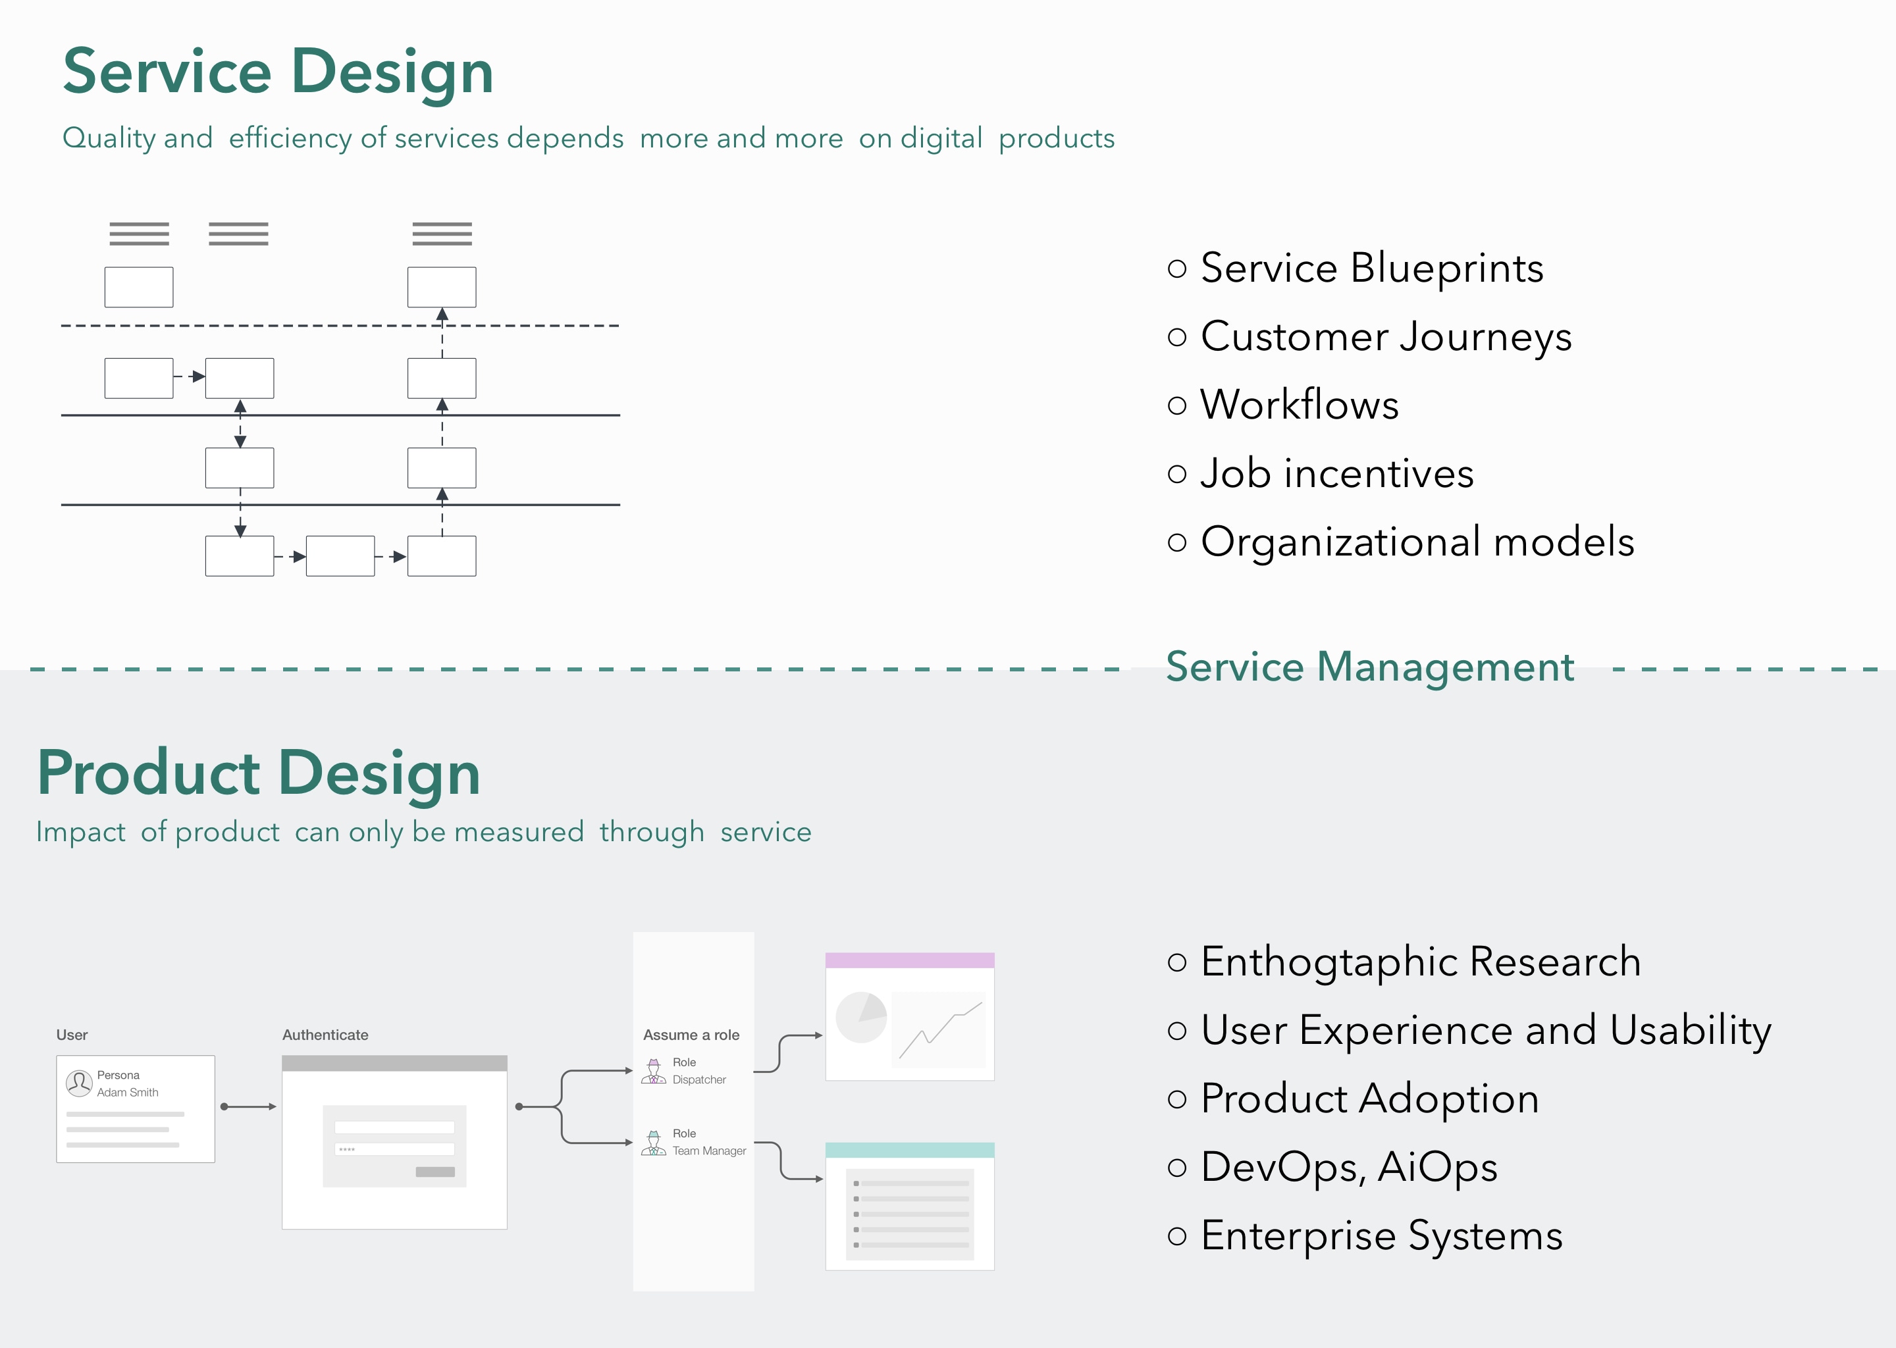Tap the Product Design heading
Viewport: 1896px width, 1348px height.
click(x=258, y=773)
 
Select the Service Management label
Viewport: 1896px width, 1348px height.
click(x=1370, y=667)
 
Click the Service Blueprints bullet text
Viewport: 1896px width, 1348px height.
click(x=1371, y=268)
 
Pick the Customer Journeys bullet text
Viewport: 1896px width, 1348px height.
click(x=1386, y=336)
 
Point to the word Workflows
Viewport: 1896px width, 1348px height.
click(x=1299, y=405)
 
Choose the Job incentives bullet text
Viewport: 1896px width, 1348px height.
click(x=1336, y=473)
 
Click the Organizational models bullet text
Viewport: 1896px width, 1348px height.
click(x=1417, y=541)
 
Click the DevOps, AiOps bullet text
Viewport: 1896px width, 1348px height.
click(x=1349, y=1166)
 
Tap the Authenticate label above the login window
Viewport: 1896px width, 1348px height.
click(x=325, y=1035)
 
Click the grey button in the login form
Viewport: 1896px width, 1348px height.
click(x=435, y=1172)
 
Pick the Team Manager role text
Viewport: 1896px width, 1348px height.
click(x=708, y=1151)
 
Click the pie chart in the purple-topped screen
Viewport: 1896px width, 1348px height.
click(x=861, y=1018)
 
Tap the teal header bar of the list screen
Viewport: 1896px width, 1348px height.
click(x=909, y=1150)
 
